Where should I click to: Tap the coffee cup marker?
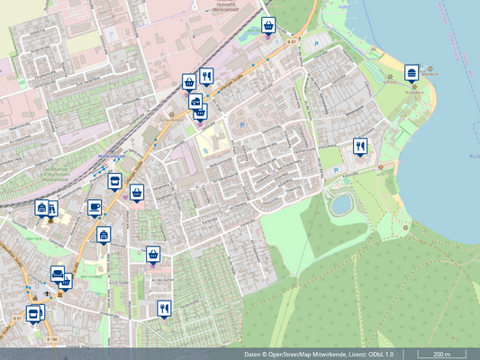95,206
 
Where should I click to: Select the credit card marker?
195,102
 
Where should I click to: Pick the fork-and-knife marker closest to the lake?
360,147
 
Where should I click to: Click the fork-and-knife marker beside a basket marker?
207,76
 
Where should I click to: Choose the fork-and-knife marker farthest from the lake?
163,309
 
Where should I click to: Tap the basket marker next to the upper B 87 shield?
268,25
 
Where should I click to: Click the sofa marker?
59,274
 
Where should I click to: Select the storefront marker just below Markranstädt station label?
114,181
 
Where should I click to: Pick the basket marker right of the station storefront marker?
137,192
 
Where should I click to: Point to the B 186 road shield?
50,338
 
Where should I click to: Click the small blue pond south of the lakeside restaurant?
340,204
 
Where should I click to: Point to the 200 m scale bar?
441,355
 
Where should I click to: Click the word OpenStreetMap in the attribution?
300,355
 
